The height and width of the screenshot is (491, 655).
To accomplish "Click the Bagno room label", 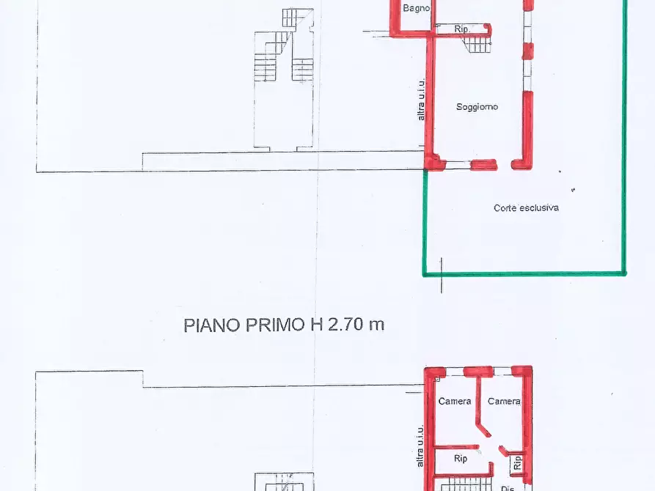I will [416, 8].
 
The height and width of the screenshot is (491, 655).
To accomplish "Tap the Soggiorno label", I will [477, 107].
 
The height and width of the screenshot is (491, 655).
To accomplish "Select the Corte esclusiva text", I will [526, 208].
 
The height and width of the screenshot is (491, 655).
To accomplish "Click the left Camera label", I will [455, 402].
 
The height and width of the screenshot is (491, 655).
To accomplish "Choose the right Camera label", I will [504, 402].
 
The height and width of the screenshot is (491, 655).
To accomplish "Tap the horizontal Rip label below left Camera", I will [461, 459].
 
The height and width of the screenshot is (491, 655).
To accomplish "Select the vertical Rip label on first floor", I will [517, 462].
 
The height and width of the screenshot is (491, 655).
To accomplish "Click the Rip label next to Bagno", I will [461, 29].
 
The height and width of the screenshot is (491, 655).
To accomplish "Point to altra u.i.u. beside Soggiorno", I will [421, 100].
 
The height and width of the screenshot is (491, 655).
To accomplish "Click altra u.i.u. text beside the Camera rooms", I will [420, 447].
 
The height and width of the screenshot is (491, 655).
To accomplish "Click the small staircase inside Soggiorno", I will [477, 43].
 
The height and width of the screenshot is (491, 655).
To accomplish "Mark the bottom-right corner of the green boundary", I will [624, 273].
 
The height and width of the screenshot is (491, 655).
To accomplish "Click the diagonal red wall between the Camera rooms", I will [483, 427].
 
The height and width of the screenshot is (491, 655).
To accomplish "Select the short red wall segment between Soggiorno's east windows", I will [527, 51].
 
